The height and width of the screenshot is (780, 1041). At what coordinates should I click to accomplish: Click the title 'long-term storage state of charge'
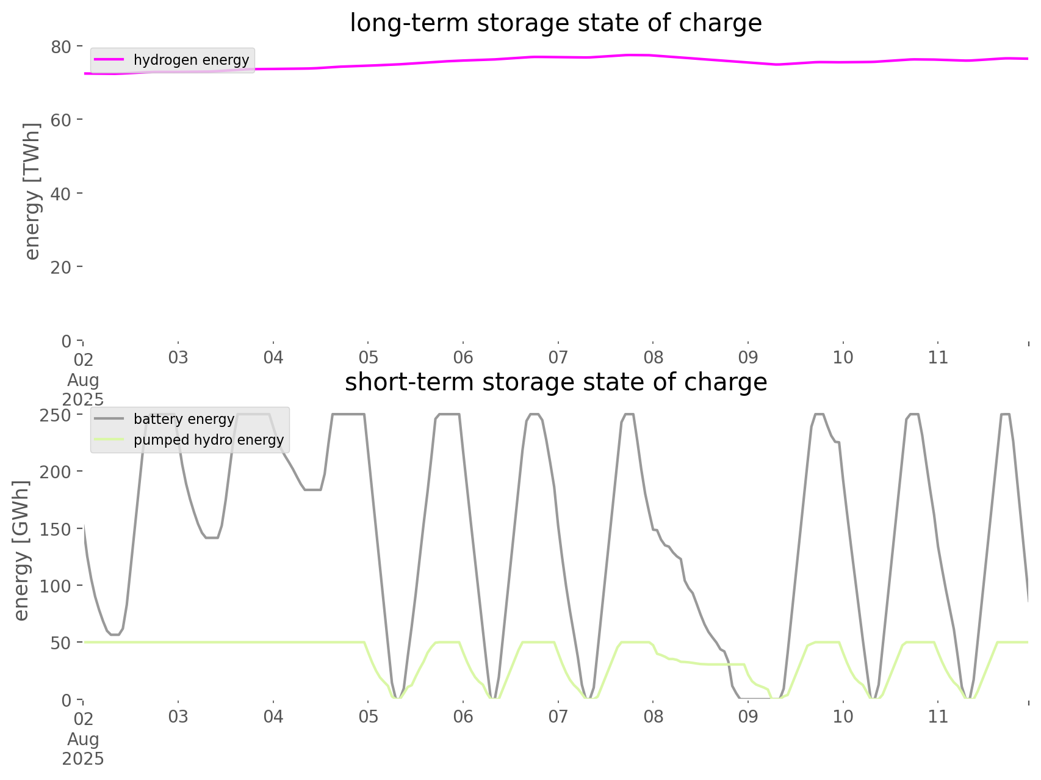[555, 23]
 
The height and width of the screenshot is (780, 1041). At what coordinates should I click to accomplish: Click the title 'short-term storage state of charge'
[555, 382]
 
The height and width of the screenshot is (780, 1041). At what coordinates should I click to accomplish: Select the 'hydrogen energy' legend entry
[191, 60]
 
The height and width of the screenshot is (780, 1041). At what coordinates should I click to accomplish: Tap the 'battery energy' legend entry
[184, 419]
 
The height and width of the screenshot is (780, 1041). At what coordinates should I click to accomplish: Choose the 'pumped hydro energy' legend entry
[208, 440]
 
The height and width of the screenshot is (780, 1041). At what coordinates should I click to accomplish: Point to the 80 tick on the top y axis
[61, 46]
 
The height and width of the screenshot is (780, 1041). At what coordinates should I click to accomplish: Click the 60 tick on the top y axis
[61, 120]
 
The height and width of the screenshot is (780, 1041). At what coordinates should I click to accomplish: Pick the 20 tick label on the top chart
[61, 267]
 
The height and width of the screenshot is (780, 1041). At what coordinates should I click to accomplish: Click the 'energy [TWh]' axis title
[32, 191]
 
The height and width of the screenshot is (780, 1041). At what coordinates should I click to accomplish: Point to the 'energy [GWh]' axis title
[21, 550]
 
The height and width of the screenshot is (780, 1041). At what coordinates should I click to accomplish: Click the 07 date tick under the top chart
[558, 357]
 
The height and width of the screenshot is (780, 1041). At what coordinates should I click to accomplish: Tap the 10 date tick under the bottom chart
[843, 716]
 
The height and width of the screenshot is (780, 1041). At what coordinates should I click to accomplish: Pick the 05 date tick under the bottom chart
[368, 716]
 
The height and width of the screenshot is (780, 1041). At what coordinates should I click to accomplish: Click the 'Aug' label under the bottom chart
[83, 739]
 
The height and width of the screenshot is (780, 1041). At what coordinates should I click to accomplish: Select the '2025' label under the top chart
[83, 399]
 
